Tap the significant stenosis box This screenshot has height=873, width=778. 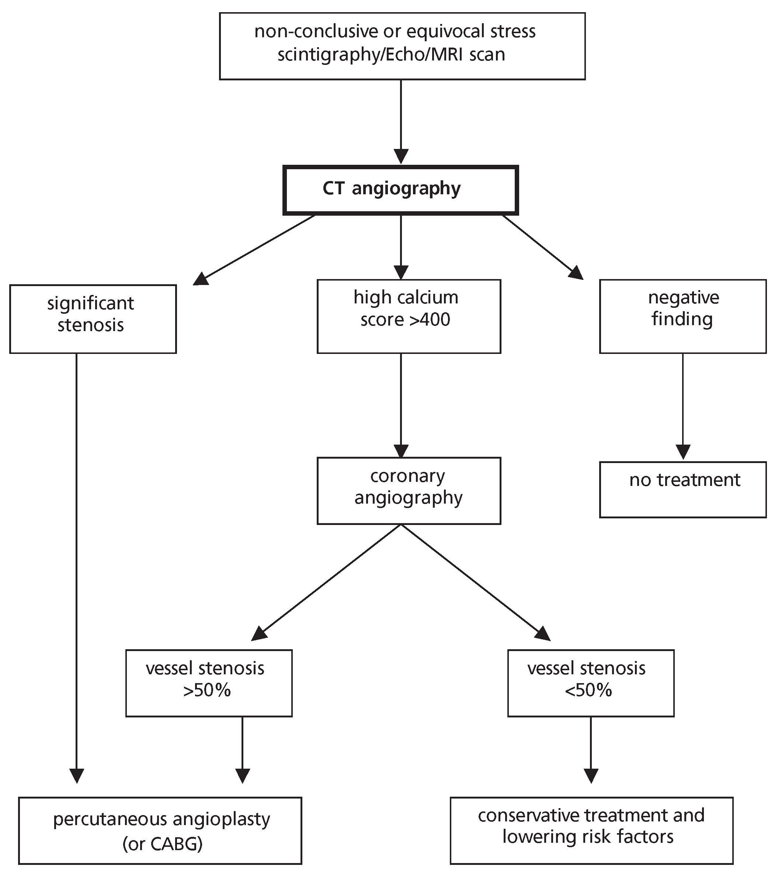(x=93, y=319)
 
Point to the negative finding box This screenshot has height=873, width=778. (x=683, y=316)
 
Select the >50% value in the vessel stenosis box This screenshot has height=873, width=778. (x=207, y=691)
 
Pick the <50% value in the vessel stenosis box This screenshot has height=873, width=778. (x=588, y=691)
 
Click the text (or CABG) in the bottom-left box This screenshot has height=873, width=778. (x=163, y=844)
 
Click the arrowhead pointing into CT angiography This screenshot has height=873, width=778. (x=400, y=156)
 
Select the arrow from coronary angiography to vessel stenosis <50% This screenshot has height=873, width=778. (x=475, y=582)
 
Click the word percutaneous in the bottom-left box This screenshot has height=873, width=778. (x=105, y=820)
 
